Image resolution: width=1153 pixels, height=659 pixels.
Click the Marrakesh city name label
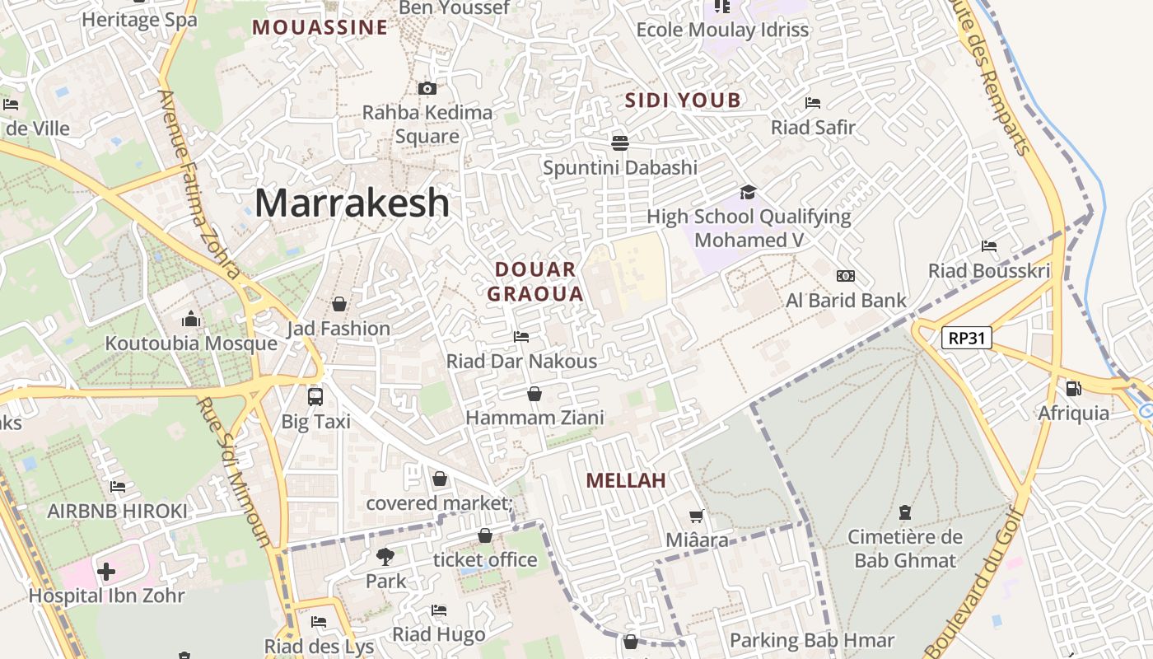point(352,203)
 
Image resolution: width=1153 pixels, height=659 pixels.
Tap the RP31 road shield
point(967,338)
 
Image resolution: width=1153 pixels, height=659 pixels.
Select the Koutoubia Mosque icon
point(191,319)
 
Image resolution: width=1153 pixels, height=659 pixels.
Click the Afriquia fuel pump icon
point(1073,388)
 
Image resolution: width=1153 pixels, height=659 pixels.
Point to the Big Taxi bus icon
point(315,396)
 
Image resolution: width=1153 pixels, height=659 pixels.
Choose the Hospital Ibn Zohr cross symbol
point(106,571)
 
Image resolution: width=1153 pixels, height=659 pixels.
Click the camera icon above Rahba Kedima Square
point(427,88)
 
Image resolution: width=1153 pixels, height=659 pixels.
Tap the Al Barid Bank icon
point(845,276)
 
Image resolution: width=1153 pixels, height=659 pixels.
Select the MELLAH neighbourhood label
point(625,480)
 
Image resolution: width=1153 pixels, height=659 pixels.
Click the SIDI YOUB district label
point(683,101)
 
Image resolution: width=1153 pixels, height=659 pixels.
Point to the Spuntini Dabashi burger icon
point(620,143)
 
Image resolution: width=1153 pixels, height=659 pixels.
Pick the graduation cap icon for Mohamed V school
point(748,192)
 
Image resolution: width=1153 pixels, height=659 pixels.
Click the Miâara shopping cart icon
point(697,516)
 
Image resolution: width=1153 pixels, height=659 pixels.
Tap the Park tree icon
point(385,557)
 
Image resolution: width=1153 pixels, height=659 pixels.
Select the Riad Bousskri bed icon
point(989,246)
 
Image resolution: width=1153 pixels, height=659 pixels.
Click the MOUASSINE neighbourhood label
point(320,28)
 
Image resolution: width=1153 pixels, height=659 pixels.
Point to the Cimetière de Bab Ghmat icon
point(905,512)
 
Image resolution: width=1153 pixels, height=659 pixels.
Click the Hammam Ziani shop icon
point(534,395)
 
